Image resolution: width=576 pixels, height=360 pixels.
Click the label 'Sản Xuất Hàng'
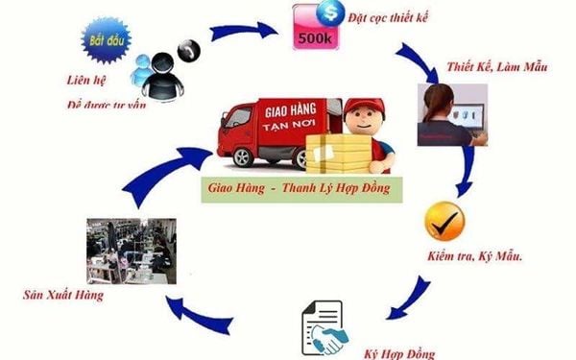pos(64,295)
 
